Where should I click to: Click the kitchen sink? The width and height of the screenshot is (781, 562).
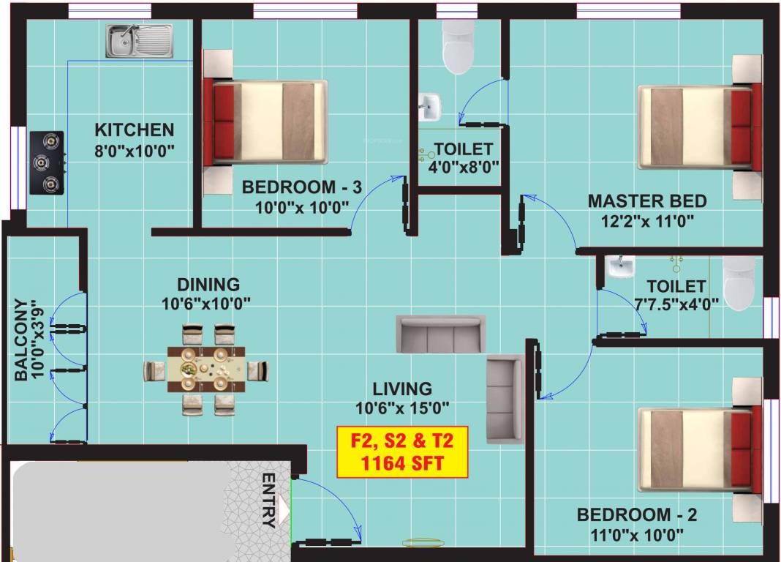click(139, 41)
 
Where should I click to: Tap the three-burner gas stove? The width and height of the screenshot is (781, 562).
click(47, 162)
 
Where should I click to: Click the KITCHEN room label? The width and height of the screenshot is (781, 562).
click(135, 130)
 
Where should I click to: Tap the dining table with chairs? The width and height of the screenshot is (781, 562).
click(205, 370)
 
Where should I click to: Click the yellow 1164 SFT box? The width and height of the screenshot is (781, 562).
click(402, 452)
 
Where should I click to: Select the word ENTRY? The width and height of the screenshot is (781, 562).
click(268, 501)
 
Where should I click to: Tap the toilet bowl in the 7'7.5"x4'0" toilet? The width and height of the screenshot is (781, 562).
click(738, 283)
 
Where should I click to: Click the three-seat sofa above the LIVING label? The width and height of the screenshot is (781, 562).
click(440, 334)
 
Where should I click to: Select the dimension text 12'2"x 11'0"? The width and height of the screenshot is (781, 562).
click(647, 220)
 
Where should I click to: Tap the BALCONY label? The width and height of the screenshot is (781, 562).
click(21, 340)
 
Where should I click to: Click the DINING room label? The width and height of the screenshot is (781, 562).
click(208, 284)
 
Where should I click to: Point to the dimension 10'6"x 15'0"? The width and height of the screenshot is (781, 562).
click(402, 408)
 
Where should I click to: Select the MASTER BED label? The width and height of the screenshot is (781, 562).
click(647, 201)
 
